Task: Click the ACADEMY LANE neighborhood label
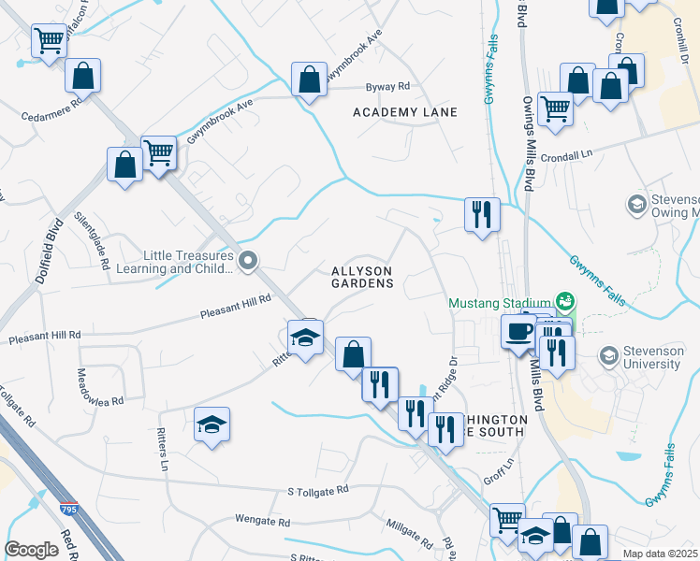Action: (405, 112)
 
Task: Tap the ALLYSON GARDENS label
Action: (362, 277)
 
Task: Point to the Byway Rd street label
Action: (387, 86)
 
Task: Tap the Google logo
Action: (32, 550)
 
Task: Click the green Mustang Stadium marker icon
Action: (564, 301)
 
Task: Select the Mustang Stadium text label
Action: (499, 303)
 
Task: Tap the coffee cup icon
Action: (518, 330)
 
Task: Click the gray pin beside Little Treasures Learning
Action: (247, 262)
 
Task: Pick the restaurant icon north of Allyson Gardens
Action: (482, 214)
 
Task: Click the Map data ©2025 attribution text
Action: (660, 554)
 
